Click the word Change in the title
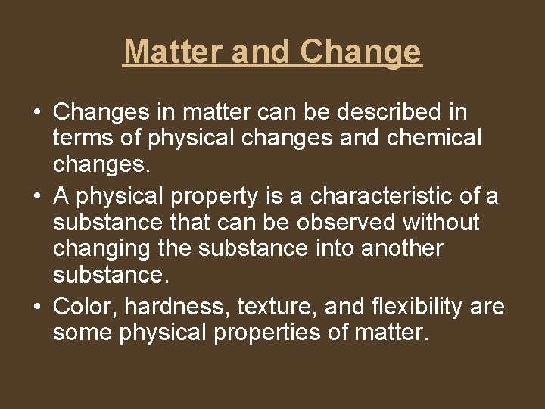361,52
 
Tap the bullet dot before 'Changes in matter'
37,113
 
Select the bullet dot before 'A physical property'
37,196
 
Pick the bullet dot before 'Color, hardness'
37,307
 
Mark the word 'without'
442,223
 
